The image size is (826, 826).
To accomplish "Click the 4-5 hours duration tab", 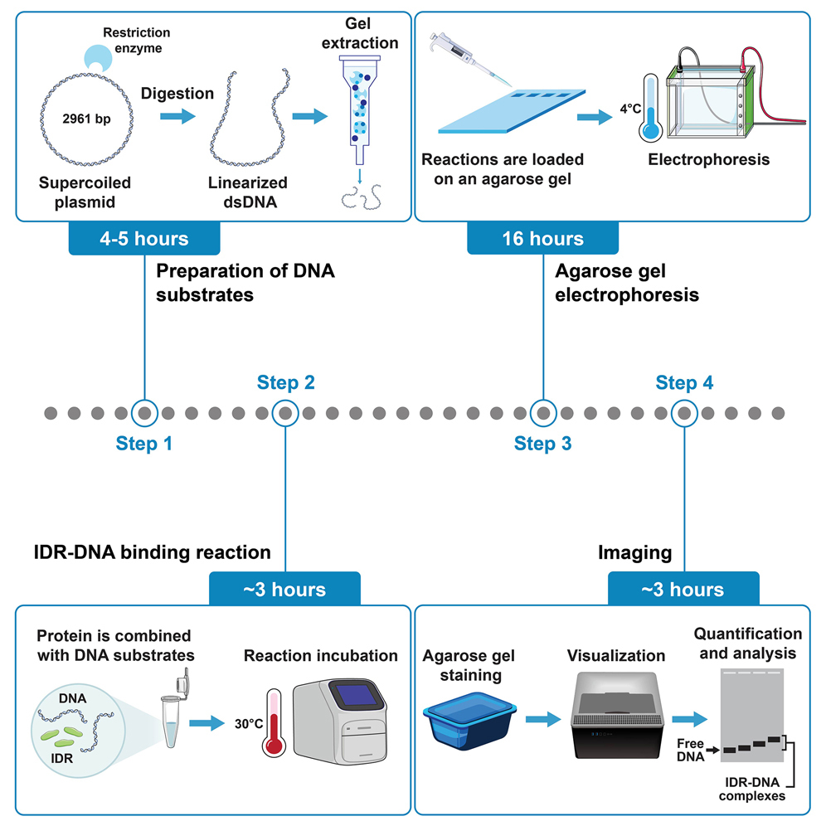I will pos(143,239).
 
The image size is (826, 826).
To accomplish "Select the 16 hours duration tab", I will pos(542,239).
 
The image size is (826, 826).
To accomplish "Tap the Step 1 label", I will pos(144,444).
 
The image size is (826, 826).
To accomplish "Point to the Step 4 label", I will pos(684,382).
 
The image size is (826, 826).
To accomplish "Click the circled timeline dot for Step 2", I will pos(285,412).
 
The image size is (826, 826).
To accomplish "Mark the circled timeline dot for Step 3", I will pos(542,412).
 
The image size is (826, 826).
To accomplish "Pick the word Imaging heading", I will pos(634,552).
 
